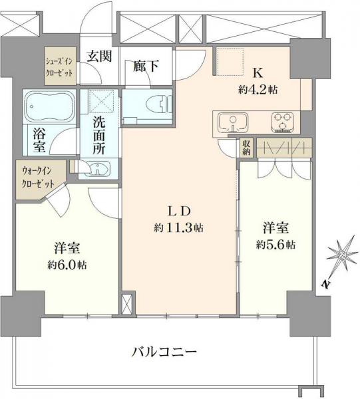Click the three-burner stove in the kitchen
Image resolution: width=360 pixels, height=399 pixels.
[x=281, y=122]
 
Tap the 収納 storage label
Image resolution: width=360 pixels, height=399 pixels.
[x=246, y=147]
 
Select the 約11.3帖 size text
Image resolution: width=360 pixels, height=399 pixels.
[x=179, y=227]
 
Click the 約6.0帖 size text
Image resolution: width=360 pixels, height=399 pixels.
[x=67, y=264]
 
